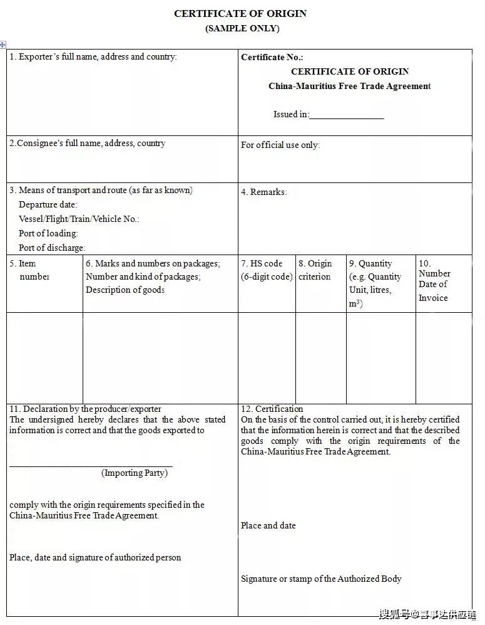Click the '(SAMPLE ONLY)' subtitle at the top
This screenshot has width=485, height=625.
click(242, 28)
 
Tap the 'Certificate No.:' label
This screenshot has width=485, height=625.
click(272, 57)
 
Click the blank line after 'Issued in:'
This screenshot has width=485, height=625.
click(346, 115)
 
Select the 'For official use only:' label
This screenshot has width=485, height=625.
click(280, 145)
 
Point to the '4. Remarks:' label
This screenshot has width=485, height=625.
click(263, 192)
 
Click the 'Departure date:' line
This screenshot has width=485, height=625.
click(48, 204)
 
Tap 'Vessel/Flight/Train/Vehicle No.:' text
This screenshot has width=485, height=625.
click(79, 219)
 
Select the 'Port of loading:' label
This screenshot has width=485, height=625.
click(48, 233)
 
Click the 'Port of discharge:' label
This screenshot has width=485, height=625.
click(52, 248)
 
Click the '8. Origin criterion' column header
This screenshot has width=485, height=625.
click(315, 270)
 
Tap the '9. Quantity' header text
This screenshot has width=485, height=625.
click(370, 264)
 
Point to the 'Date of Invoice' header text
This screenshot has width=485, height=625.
click(433, 291)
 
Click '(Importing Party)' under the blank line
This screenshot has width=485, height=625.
click(135, 473)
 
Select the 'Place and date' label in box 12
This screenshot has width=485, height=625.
click(268, 525)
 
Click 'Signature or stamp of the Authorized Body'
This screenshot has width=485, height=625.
click(321, 579)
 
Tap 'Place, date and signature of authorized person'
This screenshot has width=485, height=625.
click(95, 557)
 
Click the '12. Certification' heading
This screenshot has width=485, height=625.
click(272, 409)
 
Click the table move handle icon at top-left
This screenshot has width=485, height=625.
click(3, 45)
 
